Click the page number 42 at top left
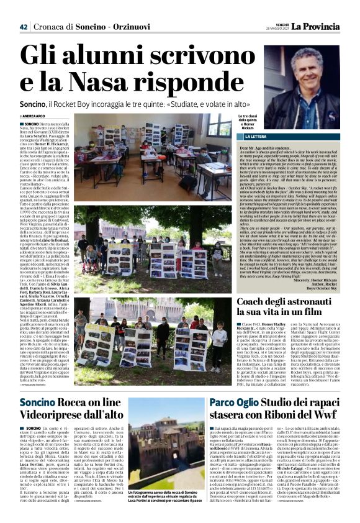pos(24,10)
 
